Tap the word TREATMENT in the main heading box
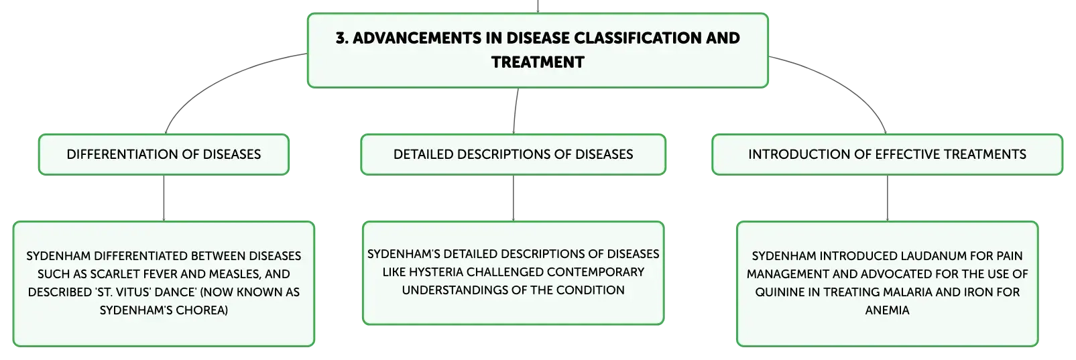(538, 62)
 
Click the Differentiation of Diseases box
(164, 154)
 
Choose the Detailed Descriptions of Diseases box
(513, 154)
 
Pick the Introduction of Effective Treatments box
(887, 154)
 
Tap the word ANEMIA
(887, 310)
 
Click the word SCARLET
(113, 274)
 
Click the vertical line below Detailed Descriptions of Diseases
(513, 198)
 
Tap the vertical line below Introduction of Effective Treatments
(887, 198)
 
